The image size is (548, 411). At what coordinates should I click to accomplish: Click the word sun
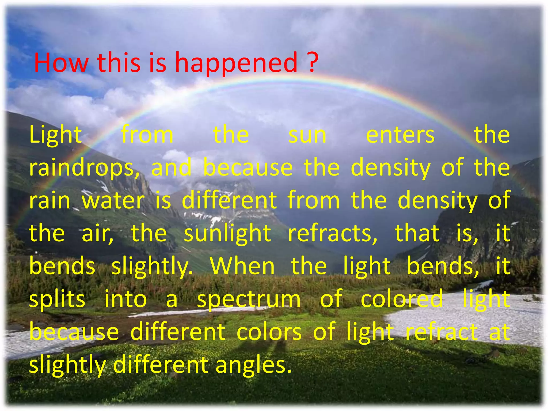(307, 135)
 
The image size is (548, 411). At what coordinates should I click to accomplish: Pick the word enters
(400, 135)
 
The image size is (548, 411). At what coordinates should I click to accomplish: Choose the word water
(113, 201)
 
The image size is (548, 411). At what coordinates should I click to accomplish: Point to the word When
(242, 266)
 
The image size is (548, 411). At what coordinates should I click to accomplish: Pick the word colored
(401, 299)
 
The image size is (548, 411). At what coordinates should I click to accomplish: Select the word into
(125, 299)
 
